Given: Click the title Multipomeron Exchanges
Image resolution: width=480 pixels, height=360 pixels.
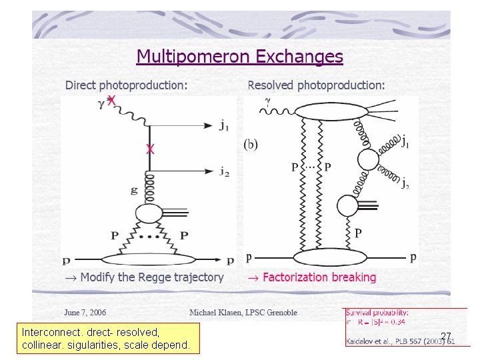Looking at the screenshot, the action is click(x=239, y=57).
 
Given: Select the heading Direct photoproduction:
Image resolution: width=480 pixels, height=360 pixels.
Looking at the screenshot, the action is click(x=126, y=85).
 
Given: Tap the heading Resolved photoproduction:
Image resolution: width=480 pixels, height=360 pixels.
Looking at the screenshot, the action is click(x=316, y=85).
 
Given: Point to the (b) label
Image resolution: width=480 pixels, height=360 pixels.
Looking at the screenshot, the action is click(x=250, y=143).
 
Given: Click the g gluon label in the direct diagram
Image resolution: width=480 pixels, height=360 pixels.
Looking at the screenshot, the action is click(x=134, y=190).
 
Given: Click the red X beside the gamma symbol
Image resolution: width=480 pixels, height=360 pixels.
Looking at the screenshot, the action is click(x=112, y=100).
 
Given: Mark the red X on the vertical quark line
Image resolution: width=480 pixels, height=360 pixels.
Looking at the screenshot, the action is click(x=150, y=150).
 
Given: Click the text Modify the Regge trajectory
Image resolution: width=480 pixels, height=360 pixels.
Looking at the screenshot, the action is click(x=143, y=277).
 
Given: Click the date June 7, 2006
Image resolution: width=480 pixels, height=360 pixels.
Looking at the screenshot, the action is click(x=85, y=312).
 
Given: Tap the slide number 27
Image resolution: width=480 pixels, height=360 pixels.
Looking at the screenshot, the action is click(x=446, y=336).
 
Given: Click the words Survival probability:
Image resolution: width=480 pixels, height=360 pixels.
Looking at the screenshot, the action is click(x=377, y=312).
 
